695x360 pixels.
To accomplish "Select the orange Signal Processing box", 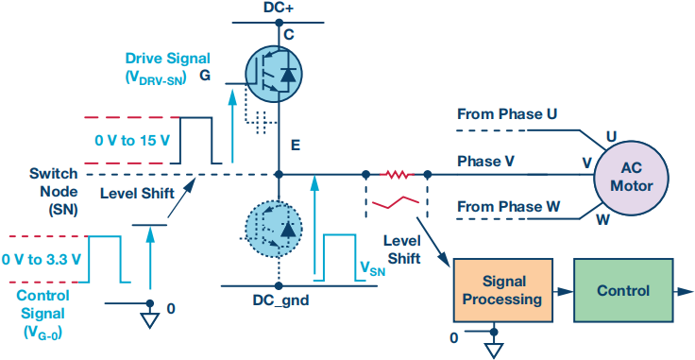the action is [x=502, y=290].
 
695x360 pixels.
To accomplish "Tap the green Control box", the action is [x=622, y=290].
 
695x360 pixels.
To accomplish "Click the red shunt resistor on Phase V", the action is [x=398, y=175].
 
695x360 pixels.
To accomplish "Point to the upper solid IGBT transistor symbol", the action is [x=274, y=74].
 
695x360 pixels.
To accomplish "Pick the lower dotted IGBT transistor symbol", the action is [x=274, y=229].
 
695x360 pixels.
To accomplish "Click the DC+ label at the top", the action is [x=279, y=9].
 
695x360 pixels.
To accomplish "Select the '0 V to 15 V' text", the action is [x=132, y=141].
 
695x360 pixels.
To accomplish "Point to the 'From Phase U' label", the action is [x=507, y=114].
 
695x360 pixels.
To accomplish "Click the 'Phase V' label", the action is [x=485, y=161].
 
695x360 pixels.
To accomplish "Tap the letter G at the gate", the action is [x=205, y=76].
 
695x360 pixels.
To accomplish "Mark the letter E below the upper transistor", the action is [x=296, y=145].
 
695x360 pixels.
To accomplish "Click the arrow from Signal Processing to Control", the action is [x=564, y=291].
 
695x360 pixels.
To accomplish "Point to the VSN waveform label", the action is [x=372, y=268].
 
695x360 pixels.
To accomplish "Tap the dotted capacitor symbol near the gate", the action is [x=261, y=122].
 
